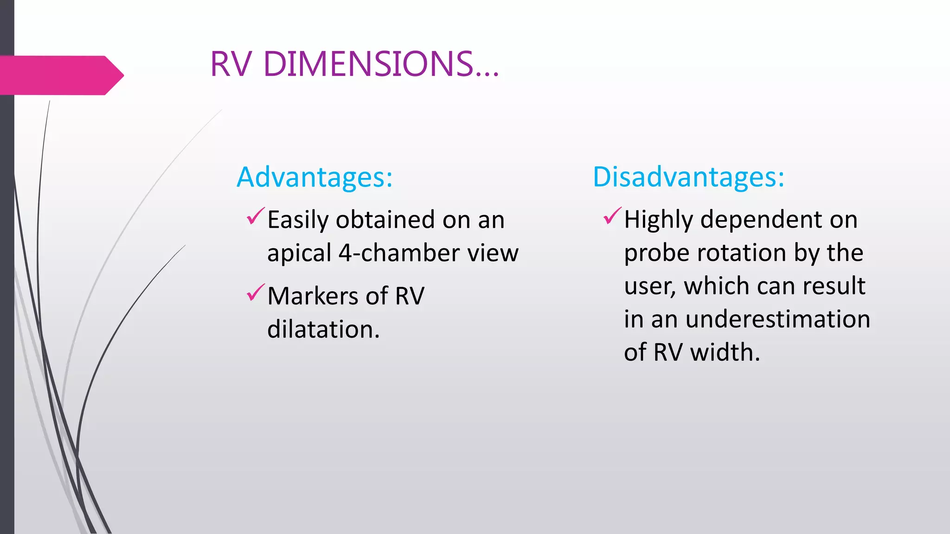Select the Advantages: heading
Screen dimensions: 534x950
pos(315,177)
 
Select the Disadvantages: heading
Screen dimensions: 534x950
pos(688,177)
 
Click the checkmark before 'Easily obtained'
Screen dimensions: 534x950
pos(256,216)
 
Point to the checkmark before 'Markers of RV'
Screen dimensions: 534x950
pos(256,292)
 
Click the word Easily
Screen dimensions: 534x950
pos(298,220)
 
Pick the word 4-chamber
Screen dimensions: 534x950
pos(398,253)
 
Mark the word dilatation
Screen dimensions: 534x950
pos(323,330)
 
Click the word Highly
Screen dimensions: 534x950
pos(658,220)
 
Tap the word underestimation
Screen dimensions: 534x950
pos(777,319)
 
